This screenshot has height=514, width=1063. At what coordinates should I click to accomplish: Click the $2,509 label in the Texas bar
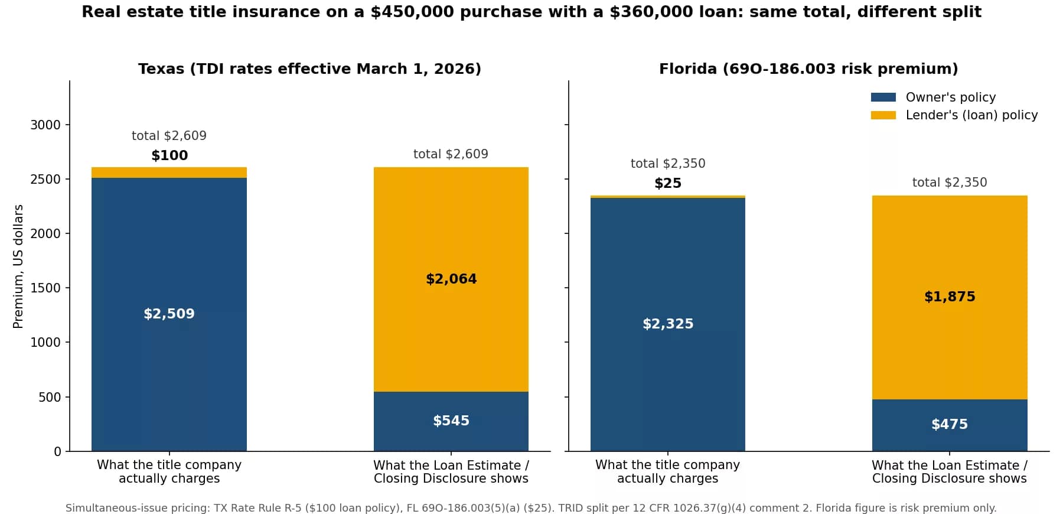(x=169, y=314)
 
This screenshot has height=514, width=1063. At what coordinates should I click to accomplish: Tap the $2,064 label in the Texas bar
(x=451, y=279)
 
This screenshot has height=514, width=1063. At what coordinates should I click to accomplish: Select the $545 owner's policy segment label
(x=451, y=421)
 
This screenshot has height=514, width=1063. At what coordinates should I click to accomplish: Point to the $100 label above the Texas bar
(x=169, y=155)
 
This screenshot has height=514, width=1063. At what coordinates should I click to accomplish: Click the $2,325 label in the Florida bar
(x=668, y=324)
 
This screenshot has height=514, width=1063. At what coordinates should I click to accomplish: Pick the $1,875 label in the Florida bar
(x=950, y=297)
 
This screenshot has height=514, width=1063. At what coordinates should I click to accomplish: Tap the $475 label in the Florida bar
(x=950, y=424)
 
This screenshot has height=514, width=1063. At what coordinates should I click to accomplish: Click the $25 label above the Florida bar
(x=668, y=183)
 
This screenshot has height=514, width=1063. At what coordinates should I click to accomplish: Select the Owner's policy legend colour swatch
(x=883, y=97)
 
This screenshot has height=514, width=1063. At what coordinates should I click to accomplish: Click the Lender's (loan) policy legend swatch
(x=883, y=115)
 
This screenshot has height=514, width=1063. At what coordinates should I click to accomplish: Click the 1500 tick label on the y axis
(x=45, y=288)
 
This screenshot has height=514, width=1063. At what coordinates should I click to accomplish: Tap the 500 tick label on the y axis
(x=50, y=397)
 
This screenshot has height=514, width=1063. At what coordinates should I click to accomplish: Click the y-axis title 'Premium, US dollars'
(x=18, y=266)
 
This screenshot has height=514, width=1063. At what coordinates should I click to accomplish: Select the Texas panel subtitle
(x=309, y=69)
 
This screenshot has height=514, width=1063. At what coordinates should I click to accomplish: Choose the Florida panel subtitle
(x=808, y=69)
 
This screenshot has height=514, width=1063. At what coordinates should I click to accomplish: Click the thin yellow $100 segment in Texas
(x=169, y=173)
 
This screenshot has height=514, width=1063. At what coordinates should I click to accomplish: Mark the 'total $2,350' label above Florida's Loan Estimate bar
(x=950, y=183)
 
